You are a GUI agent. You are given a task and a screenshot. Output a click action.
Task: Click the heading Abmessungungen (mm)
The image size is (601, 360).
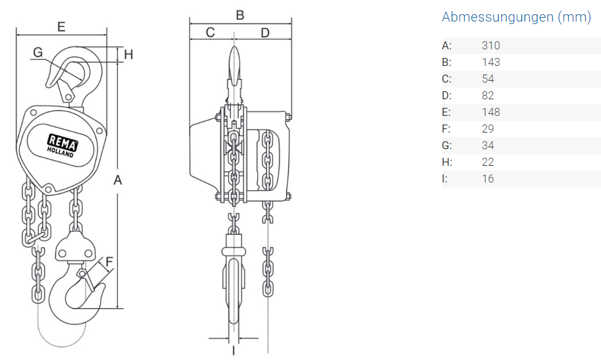tap(517, 17)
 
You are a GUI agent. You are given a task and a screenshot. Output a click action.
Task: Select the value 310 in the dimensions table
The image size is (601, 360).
tap(491, 46)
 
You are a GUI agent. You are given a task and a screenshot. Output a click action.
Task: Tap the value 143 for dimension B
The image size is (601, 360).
tap(491, 62)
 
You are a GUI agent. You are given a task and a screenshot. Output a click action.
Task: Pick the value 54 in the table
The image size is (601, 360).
tap(488, 78)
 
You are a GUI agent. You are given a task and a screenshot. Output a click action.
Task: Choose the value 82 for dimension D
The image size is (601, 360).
tap(488, 95)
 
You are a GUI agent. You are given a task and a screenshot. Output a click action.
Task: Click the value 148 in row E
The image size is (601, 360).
tap(491, 112)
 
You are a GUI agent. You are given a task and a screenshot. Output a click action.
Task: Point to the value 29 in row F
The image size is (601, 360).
tap(488, 128)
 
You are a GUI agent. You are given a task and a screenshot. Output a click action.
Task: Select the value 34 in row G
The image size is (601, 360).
tap(488, 145)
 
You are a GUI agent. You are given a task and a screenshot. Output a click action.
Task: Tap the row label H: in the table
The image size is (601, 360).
tap(447, 162)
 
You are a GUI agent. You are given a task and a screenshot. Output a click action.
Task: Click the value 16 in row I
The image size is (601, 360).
tap(488, 179)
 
